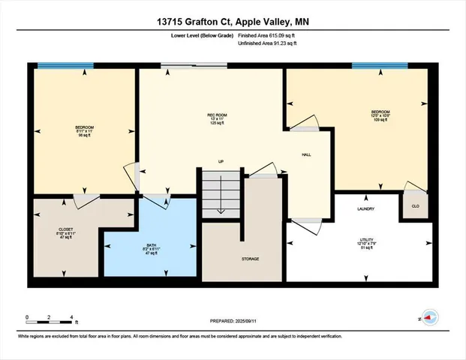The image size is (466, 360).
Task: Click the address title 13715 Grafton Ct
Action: tap(233, 21)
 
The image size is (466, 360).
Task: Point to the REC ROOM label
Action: tap(218, 118)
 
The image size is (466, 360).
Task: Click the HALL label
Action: tap(306, 155)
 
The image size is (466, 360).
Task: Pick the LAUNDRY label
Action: tap(366, 209)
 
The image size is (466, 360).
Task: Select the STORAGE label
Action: tap(251, 259)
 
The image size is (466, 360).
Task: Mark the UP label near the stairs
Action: tap(221, 161)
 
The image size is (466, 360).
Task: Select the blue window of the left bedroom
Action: tap(62, 66)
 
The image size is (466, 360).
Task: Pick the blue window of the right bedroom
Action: tap(374, 66)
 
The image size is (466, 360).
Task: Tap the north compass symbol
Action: tap(429, 318)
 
